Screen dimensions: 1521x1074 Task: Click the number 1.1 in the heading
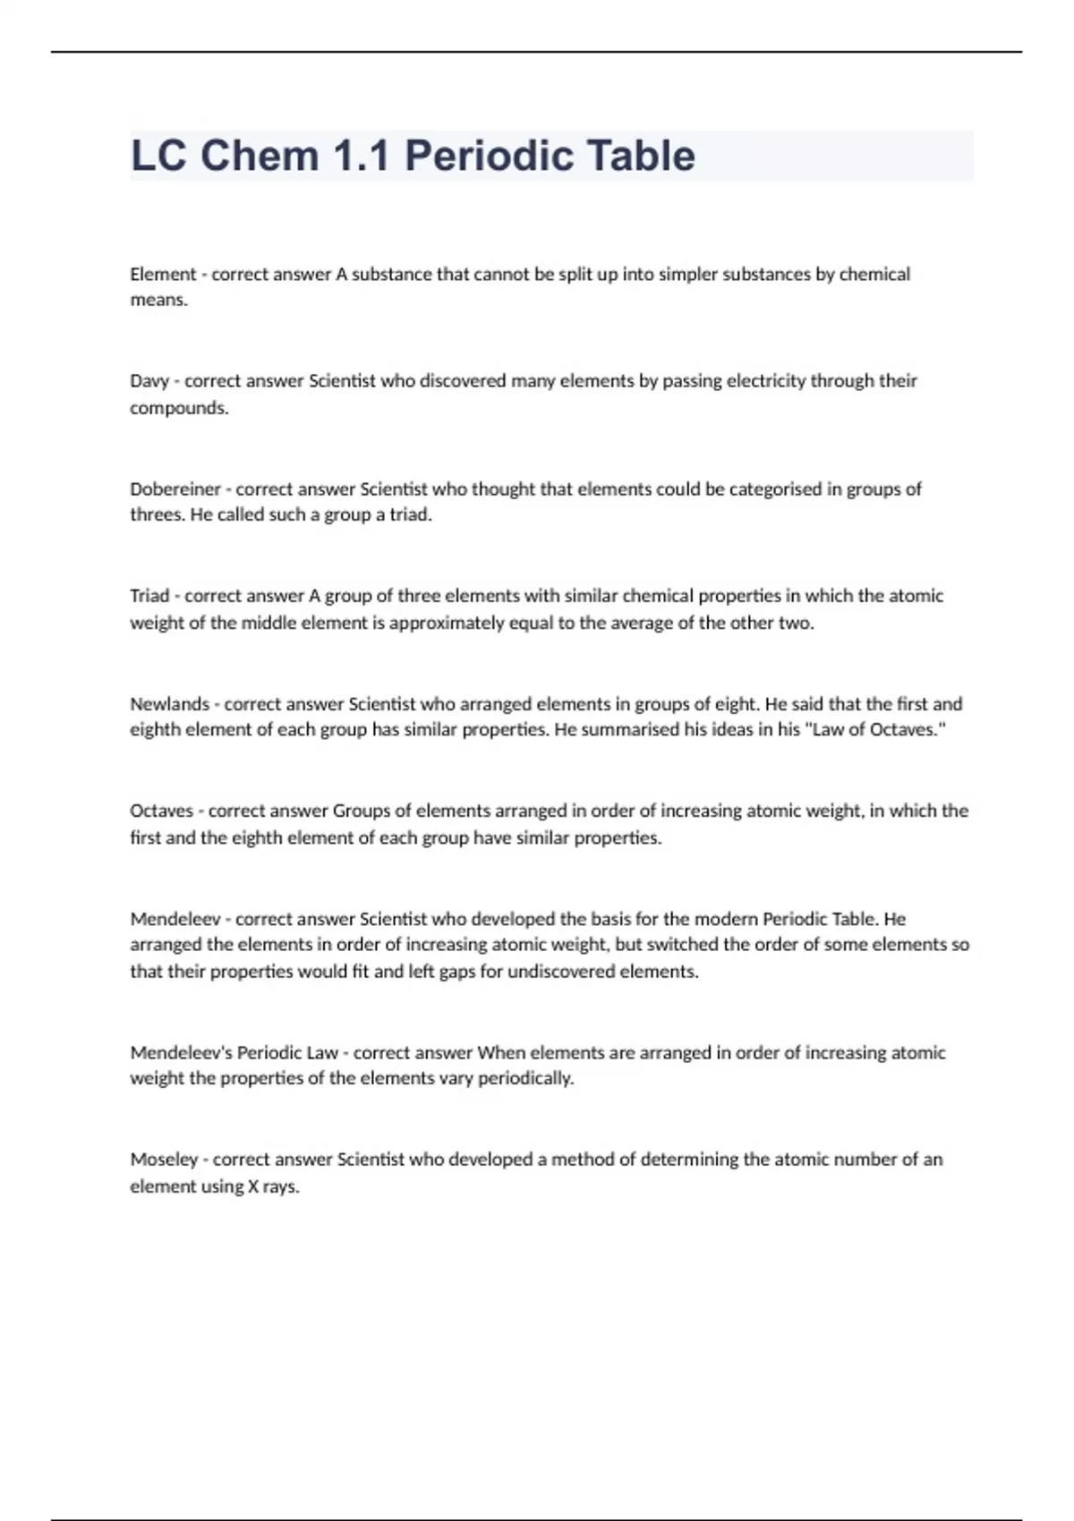[x=361, y=156]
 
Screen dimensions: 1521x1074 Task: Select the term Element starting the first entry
[x=163, y=274]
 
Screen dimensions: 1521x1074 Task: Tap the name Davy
[x=149, y=381]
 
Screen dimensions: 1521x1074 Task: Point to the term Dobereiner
[x=175, y=489]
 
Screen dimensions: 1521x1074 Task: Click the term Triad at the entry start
[x=149, y=596]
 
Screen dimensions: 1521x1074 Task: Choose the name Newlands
[x=169, y=704]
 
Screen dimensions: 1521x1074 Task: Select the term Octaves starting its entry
[x=161, y=811]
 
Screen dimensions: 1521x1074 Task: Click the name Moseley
[x=164, y=1160]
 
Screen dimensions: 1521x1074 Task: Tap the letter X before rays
[x=251, y=1186]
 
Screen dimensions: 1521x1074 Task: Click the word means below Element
[x=158, y=301]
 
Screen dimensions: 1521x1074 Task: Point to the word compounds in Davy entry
[x=179, y=408]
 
